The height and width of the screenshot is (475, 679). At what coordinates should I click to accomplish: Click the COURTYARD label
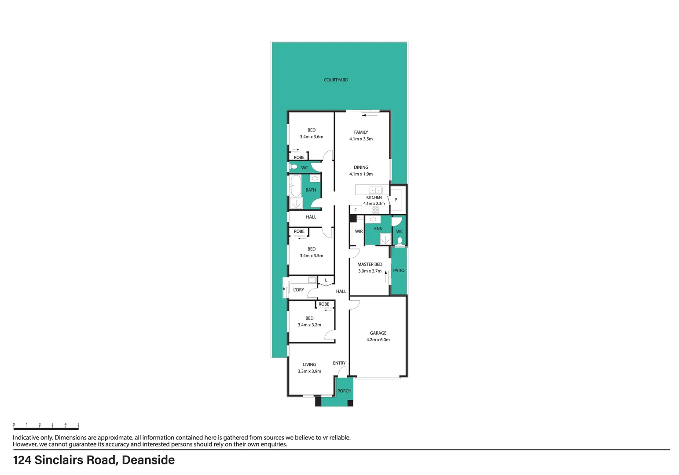336,80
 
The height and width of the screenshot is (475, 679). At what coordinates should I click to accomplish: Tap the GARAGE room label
378,333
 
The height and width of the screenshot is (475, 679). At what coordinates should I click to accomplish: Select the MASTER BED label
370,264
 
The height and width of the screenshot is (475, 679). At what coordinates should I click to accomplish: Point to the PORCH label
344,391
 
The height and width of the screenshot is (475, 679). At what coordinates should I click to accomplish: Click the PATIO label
399,270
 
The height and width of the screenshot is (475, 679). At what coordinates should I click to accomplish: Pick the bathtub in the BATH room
295,186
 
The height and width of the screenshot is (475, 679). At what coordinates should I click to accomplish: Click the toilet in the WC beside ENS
400,241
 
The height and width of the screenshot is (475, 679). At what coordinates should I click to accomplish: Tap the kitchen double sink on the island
375,190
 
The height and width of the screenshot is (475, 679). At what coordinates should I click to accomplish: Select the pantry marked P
396,200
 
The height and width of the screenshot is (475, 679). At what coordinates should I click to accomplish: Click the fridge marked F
356,210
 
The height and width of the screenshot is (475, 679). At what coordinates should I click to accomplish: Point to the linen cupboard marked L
326,280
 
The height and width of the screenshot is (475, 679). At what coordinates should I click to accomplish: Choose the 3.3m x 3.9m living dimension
309,371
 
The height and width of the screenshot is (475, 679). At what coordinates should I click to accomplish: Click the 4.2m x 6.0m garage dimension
378,340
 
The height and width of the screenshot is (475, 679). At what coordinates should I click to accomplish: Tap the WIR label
359,231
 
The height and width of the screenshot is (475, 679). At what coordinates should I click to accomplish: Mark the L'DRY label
299,290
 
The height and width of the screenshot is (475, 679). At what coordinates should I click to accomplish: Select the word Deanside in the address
148,460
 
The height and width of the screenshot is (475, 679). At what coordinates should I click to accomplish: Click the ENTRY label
339,363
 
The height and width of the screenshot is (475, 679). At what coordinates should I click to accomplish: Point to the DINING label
361,167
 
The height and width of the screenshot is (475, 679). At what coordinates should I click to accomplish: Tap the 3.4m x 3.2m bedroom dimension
309,325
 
